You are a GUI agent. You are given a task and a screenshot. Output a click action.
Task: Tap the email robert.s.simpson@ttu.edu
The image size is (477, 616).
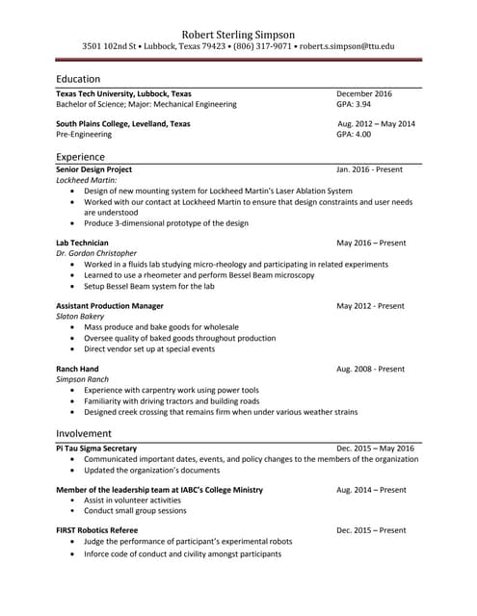tap(346, 45)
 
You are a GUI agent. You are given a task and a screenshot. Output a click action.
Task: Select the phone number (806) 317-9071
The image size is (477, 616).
tap(262, 45)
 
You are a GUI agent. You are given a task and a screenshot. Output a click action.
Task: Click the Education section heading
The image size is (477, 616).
tap(78, 79)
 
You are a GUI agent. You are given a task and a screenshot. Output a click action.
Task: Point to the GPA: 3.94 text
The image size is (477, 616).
tap(354, 104)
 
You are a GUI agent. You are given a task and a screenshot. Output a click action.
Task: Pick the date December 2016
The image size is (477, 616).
tap(364, 93)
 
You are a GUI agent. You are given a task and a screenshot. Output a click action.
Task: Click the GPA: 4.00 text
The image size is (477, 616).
tap(354, 135)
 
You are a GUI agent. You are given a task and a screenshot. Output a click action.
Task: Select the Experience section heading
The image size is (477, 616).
tap(80, 157)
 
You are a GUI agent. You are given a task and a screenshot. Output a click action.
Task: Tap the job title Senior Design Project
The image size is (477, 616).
tap(93, 169)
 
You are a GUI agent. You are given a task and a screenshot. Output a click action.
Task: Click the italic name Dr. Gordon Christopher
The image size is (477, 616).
tap(95, 253)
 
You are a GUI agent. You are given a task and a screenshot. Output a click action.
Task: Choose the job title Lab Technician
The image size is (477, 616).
tap(82, 243)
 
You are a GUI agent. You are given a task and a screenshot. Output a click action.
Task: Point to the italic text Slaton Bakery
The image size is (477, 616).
tap(80, 317)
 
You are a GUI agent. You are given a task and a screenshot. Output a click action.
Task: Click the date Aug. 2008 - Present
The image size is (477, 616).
tap(370, 370)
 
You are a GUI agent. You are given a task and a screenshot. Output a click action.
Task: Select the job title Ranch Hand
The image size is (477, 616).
tap(77, 370)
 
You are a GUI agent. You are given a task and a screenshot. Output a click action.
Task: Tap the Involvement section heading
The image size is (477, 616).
tap(84, 434)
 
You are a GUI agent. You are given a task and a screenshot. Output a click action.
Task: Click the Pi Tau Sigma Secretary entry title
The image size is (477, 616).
tap(96, 449)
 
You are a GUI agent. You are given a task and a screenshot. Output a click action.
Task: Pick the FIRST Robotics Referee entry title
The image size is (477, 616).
tap(96, 530)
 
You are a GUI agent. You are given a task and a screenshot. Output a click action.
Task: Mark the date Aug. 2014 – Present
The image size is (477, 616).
tap(371, 490)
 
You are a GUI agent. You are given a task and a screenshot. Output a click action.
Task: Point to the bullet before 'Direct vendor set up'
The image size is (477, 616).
tap(75, 349)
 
